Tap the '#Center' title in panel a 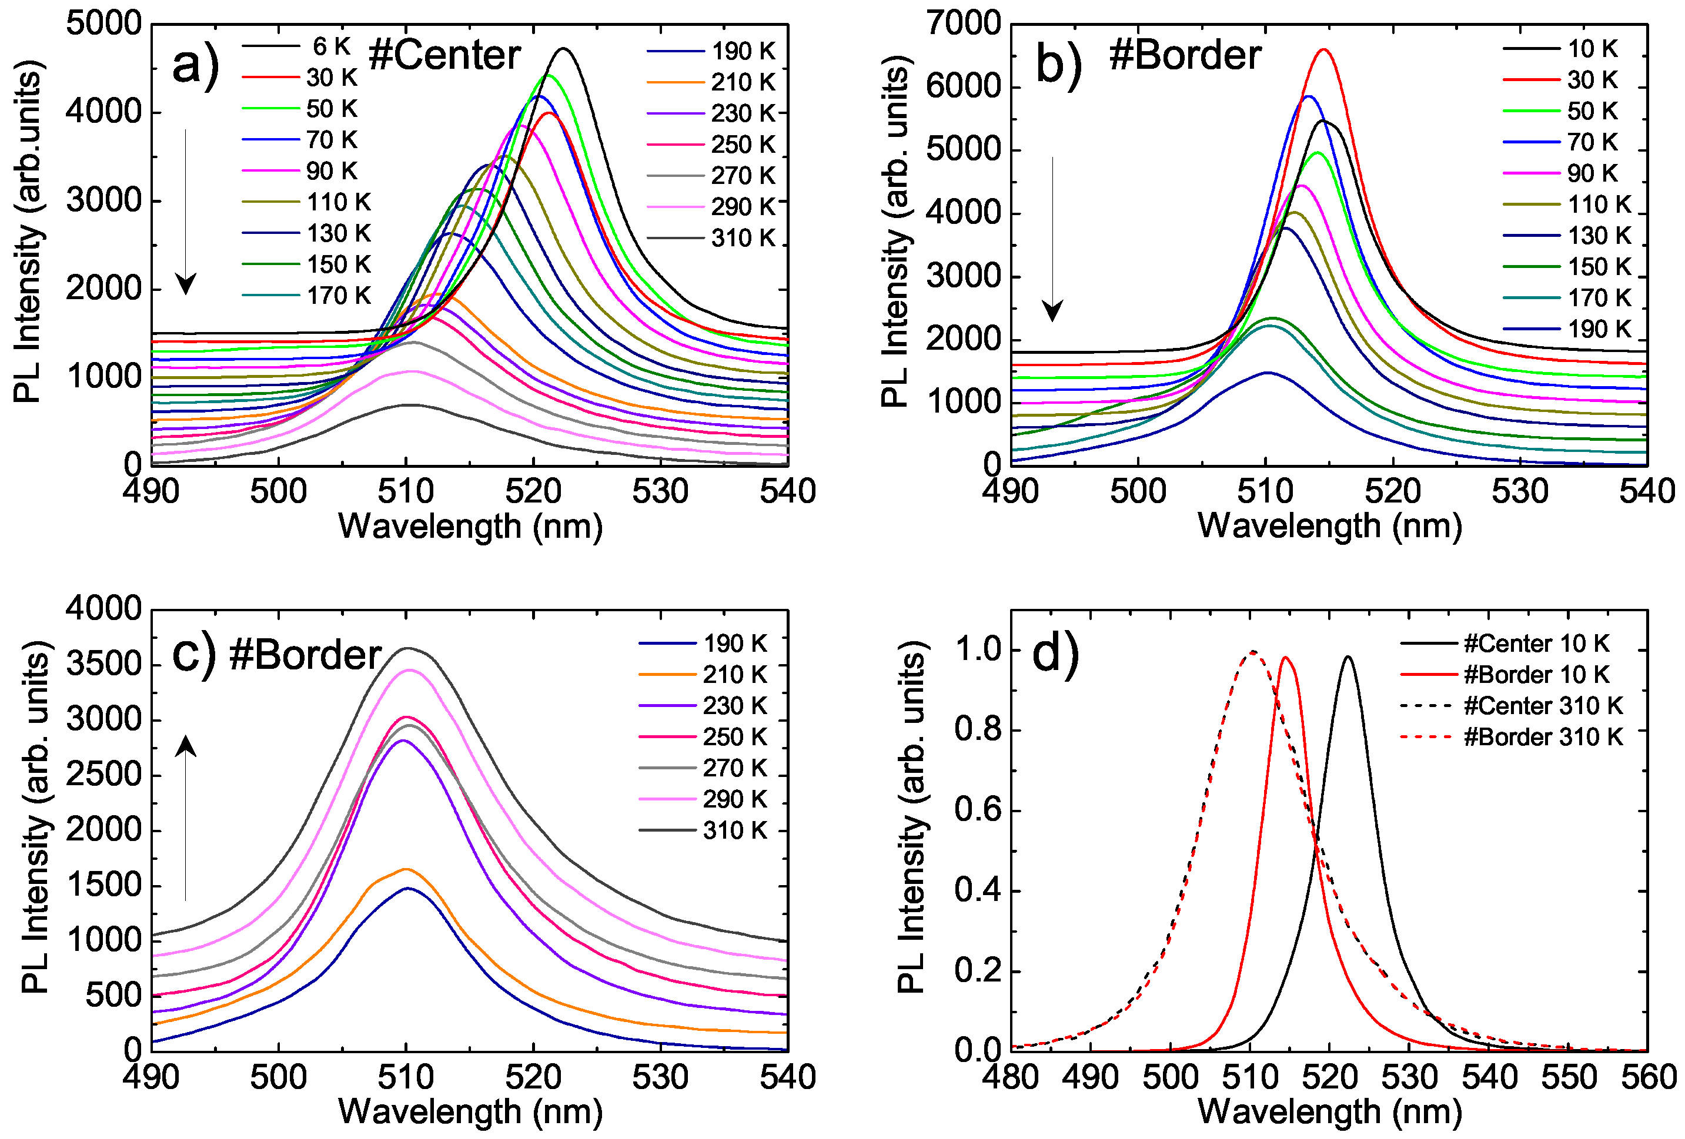(444, 56)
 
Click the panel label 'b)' (1058, 65)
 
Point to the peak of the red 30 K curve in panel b (1324, 50)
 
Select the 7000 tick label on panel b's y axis (964, 24)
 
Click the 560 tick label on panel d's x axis (1648, 1077)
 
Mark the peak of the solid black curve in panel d (1348, 658)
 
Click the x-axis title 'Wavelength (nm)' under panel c (470, 1111)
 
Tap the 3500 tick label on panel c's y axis (103, 665)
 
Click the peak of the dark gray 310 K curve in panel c (408, 649)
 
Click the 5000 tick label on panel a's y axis (103, 24)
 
